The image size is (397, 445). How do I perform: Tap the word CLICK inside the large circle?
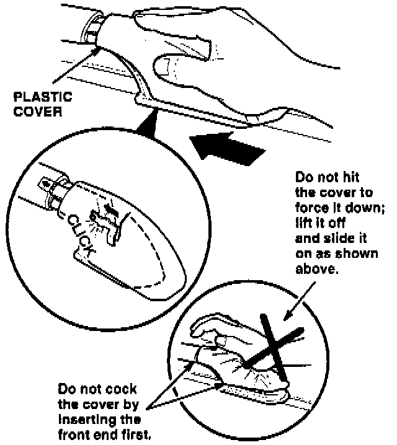pyautogui.click(x=82, y=234)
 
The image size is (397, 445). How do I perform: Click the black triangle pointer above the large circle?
pyautogui.click(x=146, y=128)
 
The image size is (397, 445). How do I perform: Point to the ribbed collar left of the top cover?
pyautogui.click(x=95, y=30)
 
